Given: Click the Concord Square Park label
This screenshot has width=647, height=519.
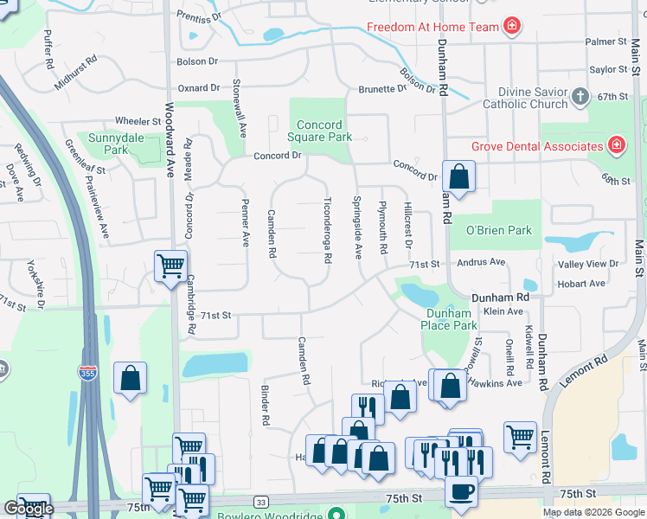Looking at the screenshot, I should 320,131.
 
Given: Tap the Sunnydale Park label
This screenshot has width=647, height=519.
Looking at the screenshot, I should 109,143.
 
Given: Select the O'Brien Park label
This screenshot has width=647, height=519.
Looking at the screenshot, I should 498,231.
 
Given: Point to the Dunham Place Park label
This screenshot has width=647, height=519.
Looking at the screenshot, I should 449,319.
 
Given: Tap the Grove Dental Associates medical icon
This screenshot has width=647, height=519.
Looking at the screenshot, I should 617,146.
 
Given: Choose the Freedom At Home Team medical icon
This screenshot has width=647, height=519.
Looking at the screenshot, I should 512,26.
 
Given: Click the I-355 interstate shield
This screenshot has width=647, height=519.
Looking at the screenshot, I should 87,373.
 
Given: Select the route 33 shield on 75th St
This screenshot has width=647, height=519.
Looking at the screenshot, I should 260,501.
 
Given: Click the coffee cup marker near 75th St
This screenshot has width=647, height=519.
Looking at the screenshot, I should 460,491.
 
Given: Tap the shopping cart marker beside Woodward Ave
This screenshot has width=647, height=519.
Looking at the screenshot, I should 170,265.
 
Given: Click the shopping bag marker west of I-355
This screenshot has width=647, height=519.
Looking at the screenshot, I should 130,378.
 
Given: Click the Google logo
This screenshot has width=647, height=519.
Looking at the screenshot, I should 29,509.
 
